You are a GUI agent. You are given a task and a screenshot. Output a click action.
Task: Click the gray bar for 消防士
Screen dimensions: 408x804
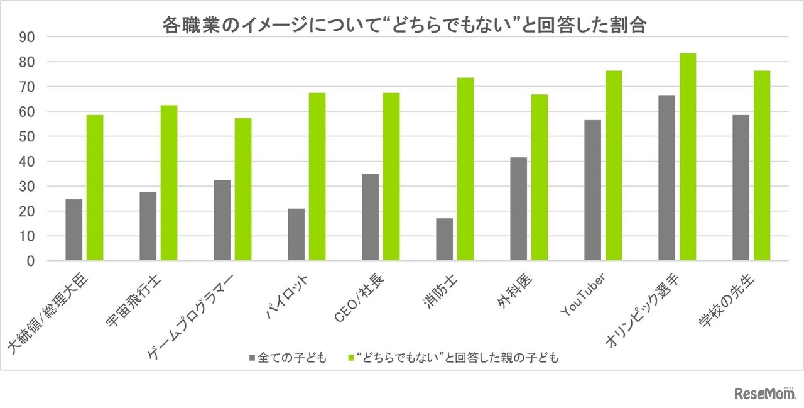coord(444,240)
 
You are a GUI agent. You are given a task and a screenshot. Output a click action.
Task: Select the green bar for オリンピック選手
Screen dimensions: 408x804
coord(688,157)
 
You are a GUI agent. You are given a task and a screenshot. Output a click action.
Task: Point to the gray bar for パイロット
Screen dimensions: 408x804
coord(296,234)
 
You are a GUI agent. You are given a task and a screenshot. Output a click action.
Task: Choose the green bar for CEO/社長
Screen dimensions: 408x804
coord(391,177)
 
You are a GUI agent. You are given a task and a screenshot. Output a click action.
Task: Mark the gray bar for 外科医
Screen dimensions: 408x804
coord(518,209)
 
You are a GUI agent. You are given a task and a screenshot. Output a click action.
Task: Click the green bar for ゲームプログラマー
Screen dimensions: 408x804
coord(243,189)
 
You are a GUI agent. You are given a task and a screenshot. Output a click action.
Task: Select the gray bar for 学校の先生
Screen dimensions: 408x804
coord(741,188)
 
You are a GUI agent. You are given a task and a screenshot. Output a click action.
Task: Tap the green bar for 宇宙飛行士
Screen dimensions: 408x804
coord(169,183)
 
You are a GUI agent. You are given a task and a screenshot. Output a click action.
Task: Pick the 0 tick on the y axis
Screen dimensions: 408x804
coord(30,261)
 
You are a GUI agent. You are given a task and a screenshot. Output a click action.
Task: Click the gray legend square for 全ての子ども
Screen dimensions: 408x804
coord(253,358)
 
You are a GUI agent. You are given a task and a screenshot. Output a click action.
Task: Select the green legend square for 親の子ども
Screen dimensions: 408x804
coord(352,358)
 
